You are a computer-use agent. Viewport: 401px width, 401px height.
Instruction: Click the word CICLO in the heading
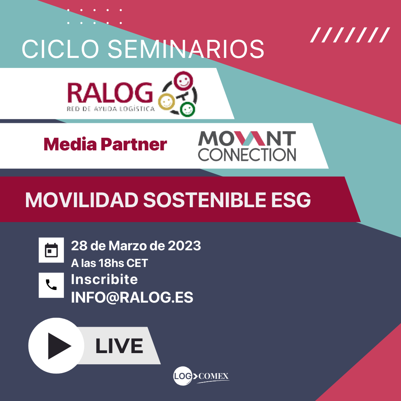61,49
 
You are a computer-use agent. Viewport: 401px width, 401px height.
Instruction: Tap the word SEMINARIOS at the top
186,49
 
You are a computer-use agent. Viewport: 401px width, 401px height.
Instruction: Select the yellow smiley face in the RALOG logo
166,102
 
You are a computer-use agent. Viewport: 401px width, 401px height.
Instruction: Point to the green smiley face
188,109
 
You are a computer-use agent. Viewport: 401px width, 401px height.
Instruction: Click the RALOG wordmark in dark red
110,93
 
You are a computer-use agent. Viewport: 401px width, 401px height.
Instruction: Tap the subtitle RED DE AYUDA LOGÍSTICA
111,109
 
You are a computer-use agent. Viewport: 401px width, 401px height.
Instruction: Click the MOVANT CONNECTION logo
247,146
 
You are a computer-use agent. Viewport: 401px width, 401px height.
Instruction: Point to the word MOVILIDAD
82,200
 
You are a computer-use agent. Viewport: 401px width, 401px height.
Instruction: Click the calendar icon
51,250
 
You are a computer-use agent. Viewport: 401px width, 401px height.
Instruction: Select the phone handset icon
51,285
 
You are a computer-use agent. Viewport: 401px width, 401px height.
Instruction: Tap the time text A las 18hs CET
110,263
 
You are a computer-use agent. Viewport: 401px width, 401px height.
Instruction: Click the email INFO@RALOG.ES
132,297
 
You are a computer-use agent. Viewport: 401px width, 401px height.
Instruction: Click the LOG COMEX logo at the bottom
201,376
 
